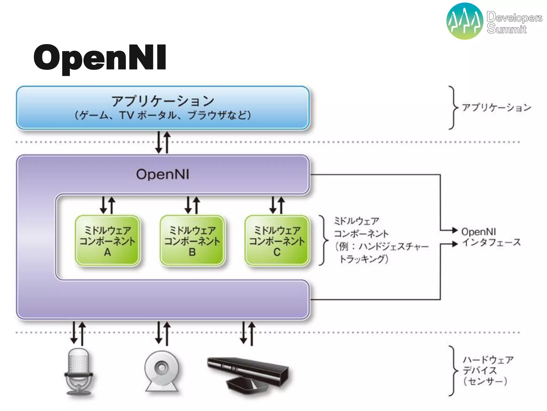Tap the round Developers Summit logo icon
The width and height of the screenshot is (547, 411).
pos(465,21)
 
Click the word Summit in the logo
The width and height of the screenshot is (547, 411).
pos(506,28)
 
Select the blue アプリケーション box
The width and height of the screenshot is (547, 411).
pos(163,108)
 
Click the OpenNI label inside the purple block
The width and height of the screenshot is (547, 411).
pos(163,174)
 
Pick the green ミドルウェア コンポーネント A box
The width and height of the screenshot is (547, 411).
pos(107,241)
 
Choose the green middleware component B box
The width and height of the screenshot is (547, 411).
pos(192,241)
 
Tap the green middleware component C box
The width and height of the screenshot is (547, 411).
pos(277,241)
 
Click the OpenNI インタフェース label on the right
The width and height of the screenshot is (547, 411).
pos(491,237)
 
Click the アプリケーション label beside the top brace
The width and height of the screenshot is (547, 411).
pos(496,108)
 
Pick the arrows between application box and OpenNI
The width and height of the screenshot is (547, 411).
pos(163,142)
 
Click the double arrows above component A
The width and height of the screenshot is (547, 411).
pos(107,205)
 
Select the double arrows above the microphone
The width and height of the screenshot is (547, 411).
pos(78,333)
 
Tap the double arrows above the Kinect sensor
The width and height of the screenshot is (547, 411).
pos(248,333)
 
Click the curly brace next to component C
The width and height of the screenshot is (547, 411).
pos(324,240)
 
